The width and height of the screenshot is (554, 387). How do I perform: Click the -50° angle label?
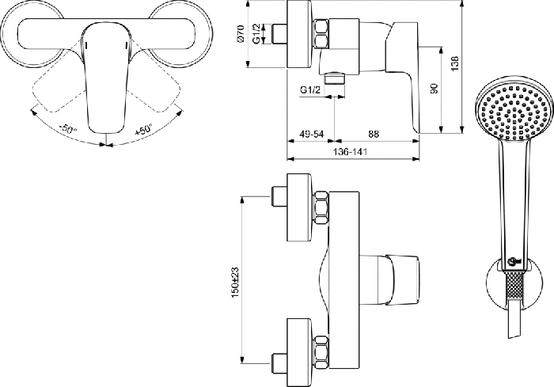(68, 128)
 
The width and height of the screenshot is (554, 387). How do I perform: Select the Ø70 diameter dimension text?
(241, 34)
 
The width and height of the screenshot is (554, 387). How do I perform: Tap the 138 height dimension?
(455, 63)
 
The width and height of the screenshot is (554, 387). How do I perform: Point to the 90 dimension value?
(434, 89)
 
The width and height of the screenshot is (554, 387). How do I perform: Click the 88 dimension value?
(374, 134)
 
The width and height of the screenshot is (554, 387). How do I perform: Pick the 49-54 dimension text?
(312, 134)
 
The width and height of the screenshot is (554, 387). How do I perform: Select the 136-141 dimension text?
(350, 152)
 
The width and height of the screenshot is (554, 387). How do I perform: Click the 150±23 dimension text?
(235, 282)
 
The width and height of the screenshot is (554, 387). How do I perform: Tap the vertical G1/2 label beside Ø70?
(256, 33)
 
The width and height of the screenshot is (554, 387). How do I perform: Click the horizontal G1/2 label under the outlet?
(310, 90)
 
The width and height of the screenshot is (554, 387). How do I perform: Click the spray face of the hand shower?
(513, 111)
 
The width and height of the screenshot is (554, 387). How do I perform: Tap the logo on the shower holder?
(514, 261)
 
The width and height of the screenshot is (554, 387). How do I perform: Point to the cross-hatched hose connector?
(514, 286)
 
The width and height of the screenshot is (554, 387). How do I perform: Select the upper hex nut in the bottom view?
(321, 207)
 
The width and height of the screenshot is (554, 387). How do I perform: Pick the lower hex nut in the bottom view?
(321, 353)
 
